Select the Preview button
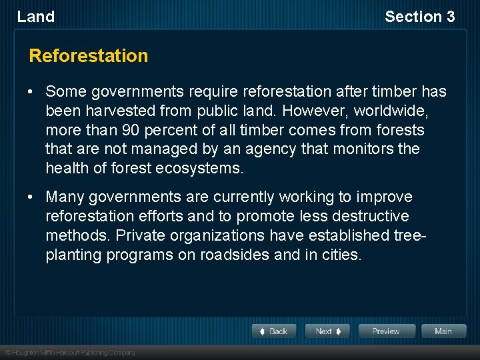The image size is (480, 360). tap(386, 331)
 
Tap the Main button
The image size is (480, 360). tap(443, 331)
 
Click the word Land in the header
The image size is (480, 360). tap(36, 17)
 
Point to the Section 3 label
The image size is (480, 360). tap(419, 17)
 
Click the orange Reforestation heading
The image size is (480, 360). tap(89, 56)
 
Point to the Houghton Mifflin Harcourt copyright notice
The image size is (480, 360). tap(70, 353)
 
